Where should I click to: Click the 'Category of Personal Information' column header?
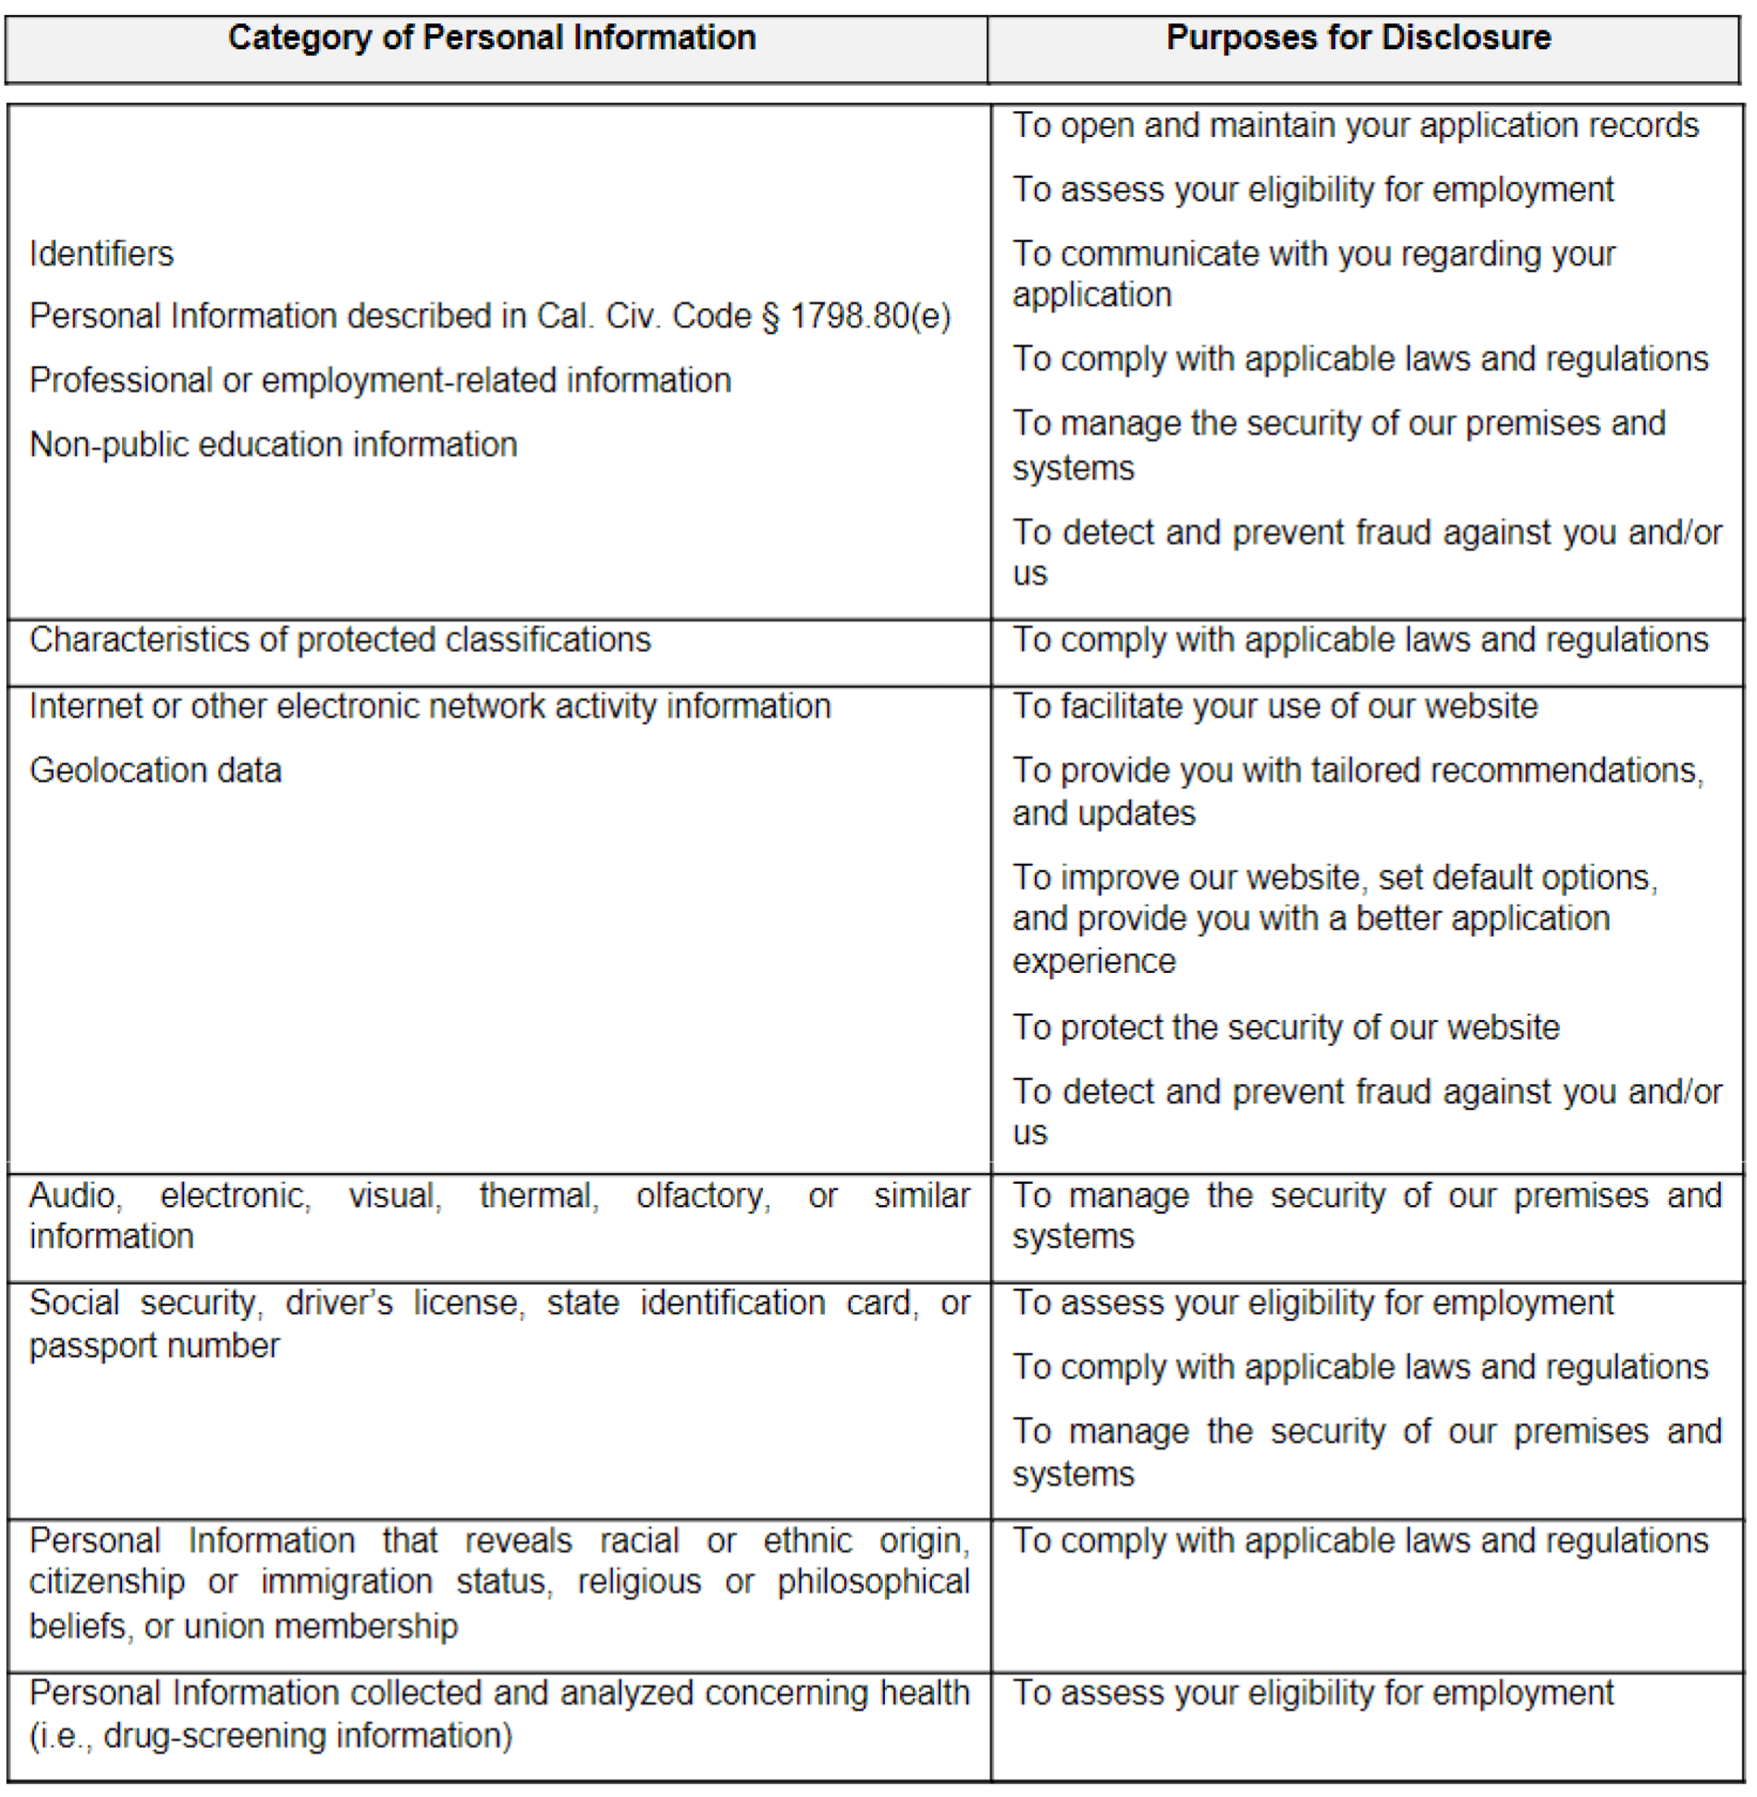coord(492,38)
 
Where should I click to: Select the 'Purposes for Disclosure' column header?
coord(1358,38)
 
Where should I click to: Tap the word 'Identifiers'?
coord(102,253)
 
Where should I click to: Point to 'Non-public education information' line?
coord(273,445)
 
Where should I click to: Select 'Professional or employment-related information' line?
coord(380,380)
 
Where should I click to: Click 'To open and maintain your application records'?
coord(1356,126)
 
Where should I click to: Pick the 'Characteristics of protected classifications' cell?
coord(340,640)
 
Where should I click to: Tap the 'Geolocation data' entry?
coord(155,770)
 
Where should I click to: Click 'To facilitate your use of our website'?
coord(1275,707)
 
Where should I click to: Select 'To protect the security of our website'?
coord(1285,1028)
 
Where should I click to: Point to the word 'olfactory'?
coord(703,1196)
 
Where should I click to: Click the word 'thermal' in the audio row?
coord(539,1196)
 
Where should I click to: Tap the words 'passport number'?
coord(154,1346)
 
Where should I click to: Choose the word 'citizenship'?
coord(106,1582)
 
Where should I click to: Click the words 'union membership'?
coord(321,1626)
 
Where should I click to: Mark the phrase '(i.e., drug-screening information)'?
coord(271,1736)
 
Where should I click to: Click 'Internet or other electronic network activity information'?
coord(430,707)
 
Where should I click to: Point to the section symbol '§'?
coord(770,317)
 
